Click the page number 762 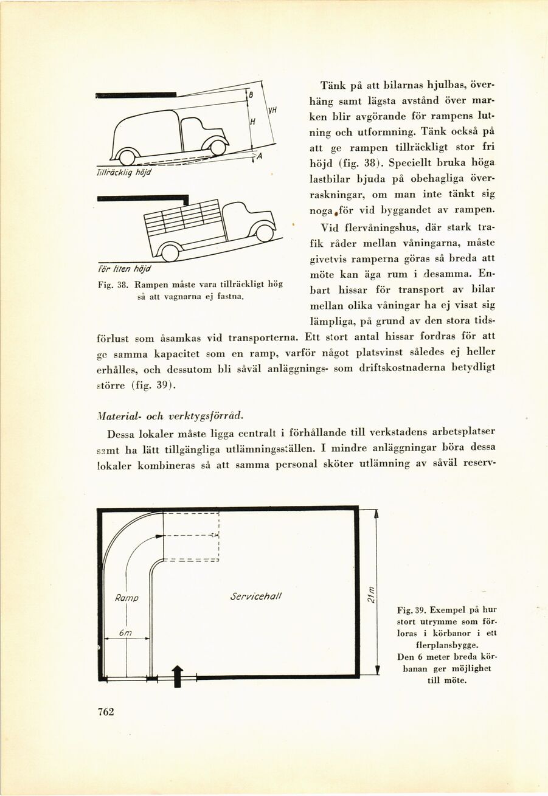106,712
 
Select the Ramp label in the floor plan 127,598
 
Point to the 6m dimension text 126,634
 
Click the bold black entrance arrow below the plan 177,675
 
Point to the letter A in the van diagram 258,156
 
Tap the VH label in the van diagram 272,111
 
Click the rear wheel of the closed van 127,157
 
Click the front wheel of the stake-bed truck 264,233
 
